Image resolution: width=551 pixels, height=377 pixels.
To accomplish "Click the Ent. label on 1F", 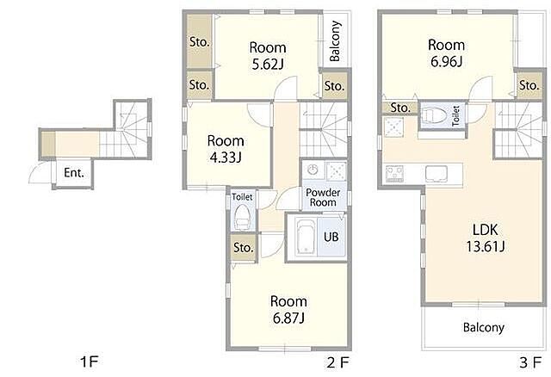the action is (x=74, y=172).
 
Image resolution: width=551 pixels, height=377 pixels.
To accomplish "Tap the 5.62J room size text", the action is (x=268, y=64).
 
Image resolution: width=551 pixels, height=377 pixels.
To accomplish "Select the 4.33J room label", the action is (x=226, y=158).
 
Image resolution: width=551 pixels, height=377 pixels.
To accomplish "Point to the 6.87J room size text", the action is (x=288, y=318).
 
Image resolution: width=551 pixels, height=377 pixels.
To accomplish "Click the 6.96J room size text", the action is (x=446, y=61).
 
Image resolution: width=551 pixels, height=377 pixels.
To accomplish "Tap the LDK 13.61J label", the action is (x=486, y=238).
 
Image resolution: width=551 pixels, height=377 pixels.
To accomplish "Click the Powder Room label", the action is (x=323, y=197).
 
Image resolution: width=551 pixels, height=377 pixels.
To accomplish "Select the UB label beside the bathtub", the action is (x=331, y=237).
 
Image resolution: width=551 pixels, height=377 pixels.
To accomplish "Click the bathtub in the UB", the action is (x=306, y=237).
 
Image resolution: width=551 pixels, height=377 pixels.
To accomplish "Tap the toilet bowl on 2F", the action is (x=241, y=217).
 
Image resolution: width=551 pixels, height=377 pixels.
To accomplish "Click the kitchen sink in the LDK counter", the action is (x=436, y=174).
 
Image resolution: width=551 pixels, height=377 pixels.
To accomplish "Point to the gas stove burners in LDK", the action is (x=394, y=174).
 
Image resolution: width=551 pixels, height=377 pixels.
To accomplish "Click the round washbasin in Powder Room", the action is (x=313, y=170).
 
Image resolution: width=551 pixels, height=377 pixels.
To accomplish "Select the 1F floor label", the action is (x=89, y=362).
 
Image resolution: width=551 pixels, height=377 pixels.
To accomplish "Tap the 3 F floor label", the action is (x=530, y=362).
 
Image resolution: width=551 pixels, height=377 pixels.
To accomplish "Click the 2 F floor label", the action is (x=337, y=362).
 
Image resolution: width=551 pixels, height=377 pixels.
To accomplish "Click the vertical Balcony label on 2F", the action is (x=336, y=40).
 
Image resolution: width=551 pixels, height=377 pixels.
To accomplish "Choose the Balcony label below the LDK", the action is (x=484, y=327).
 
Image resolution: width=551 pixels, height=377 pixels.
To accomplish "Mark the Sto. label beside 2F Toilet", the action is (x=243, y=247).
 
